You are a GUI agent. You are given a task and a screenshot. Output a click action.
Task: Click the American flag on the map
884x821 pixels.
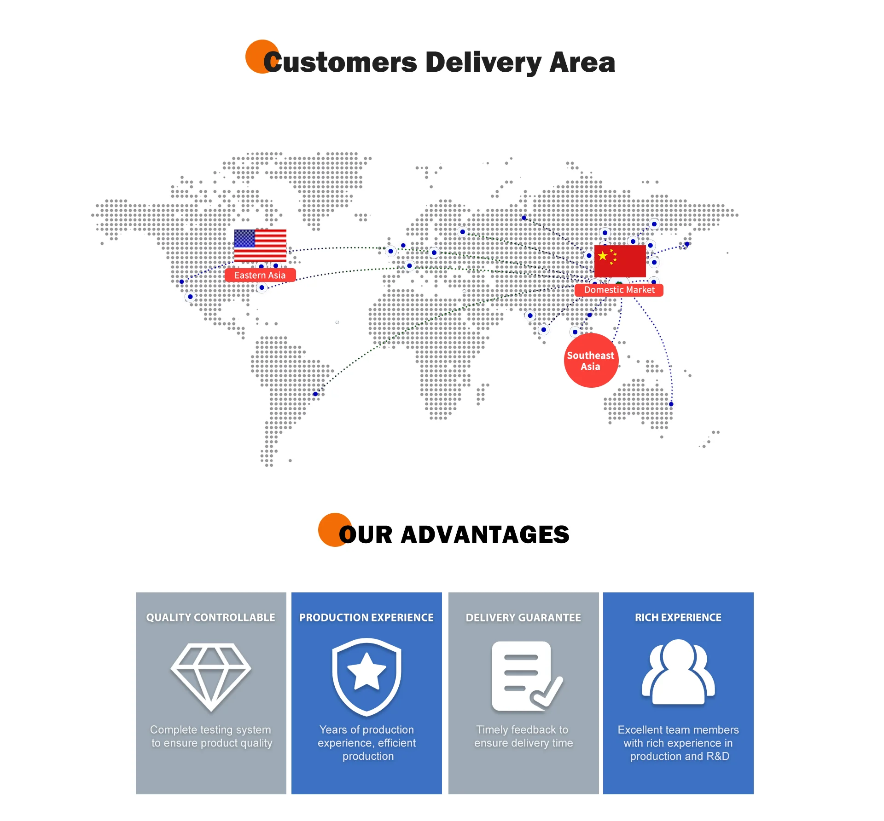pos(260,245)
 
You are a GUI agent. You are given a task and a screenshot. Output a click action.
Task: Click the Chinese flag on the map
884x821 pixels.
pos(620,261)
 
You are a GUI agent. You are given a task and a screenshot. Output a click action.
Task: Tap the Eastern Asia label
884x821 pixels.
pos(260,275)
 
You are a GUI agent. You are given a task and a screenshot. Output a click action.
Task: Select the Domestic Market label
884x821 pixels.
pos(619,290)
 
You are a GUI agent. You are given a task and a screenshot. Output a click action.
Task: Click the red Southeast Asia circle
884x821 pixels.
pos(591,361)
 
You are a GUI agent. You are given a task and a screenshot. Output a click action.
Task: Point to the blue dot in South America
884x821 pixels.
pos(315,394)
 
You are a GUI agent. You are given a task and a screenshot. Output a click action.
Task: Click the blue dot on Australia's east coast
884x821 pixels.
pos(671,404)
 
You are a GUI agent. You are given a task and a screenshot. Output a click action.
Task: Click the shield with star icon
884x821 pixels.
pos(366,676)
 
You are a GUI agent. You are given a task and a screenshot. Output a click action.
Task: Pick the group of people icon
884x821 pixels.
pos(678,672)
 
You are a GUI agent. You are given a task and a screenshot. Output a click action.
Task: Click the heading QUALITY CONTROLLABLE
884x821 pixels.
pos(211,617)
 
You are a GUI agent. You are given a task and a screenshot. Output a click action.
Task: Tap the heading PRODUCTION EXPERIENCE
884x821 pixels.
pos(366,617)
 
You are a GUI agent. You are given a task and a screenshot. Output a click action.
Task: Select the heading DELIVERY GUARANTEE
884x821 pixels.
pos(523,617)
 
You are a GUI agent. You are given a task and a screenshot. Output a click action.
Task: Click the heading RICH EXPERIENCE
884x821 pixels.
pos(678,617)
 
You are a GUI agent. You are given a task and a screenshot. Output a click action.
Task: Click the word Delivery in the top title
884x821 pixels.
pos(483,63)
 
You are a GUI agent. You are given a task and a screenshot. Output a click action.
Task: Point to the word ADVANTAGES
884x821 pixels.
pos(485,534)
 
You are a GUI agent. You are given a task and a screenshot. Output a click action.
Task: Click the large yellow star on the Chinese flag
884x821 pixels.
pos(603,256)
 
